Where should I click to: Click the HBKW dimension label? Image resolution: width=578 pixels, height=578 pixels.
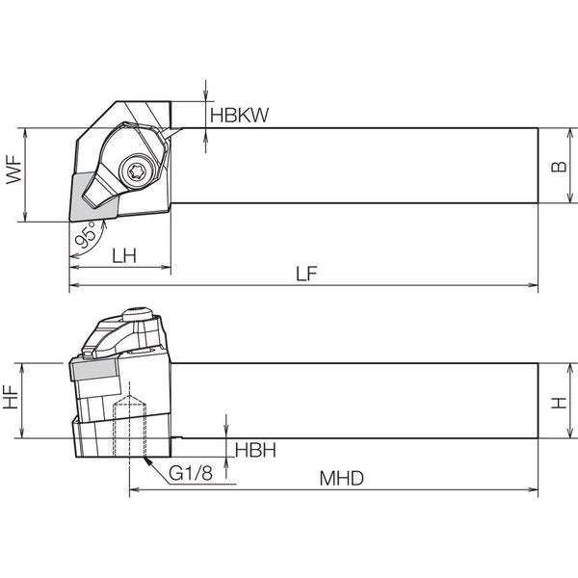point(239,115)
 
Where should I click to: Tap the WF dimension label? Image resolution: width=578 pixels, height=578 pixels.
point(14,170)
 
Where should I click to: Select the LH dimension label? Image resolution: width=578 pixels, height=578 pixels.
point(124,255)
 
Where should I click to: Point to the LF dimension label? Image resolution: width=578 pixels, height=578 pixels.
point(306,274)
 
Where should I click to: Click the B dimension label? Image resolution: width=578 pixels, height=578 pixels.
point(559,167)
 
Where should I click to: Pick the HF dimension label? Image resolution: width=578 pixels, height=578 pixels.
point(11,397)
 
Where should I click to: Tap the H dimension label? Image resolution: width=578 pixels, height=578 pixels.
point(559,403)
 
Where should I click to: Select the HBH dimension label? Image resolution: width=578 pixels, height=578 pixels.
point(255,451)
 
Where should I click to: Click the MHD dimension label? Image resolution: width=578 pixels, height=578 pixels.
point(341,479)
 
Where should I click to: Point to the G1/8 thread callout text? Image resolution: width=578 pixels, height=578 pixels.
point(191,473)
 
